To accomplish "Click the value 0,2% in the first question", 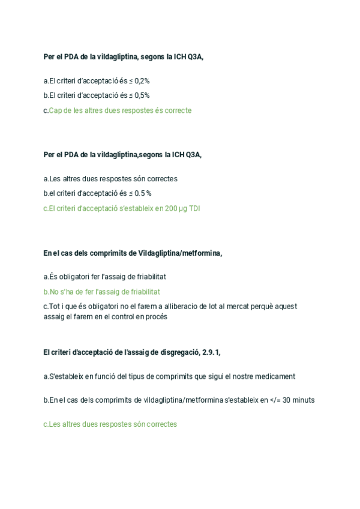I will click(x=142, y=80).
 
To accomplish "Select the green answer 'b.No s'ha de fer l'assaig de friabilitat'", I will click(x=102, y=292).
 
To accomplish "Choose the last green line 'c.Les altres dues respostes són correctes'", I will click(x=110, y=424).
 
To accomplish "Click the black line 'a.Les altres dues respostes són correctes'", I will click(x=110, y=178).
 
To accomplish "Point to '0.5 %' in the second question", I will click(x=142, y=193).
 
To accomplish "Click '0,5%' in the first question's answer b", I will click(x=142, y=95).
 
